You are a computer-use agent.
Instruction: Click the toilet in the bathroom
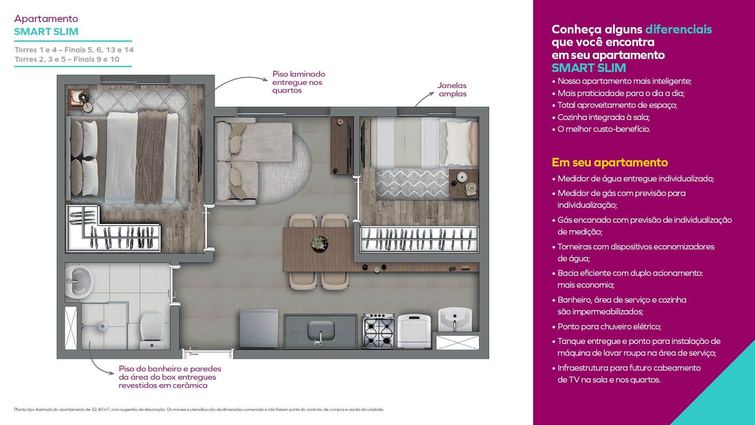[x=152, y=330]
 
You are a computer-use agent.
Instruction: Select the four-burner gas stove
[x=378, y=331]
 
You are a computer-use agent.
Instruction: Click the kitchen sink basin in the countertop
[x=320, y=331]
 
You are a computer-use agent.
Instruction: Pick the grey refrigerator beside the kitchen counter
[x=259, y=328]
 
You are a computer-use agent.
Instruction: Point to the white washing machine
[x=414, y=331]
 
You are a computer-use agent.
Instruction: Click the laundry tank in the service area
[x=455, y=320]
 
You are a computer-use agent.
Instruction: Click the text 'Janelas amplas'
[x=452, y=90]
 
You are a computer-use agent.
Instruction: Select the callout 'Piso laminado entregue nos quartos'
[x=298, y=82]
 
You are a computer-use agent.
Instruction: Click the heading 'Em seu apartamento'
[x=610, y=163]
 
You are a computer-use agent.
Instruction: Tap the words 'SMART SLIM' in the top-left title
[x=46, y=31]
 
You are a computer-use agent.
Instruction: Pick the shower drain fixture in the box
[x=103, y=325]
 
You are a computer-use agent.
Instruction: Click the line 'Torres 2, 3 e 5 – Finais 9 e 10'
[x=67, y=59]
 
